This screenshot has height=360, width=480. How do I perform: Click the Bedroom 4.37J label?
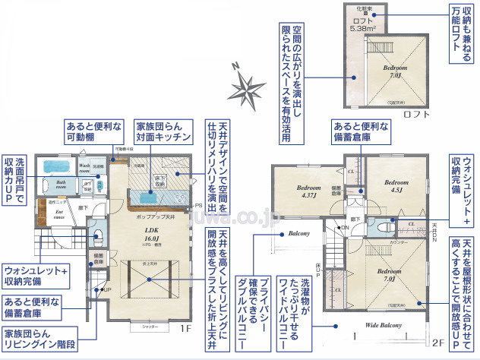tap(308, 191)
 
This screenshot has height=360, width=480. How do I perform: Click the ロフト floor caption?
tap(416, 115)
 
